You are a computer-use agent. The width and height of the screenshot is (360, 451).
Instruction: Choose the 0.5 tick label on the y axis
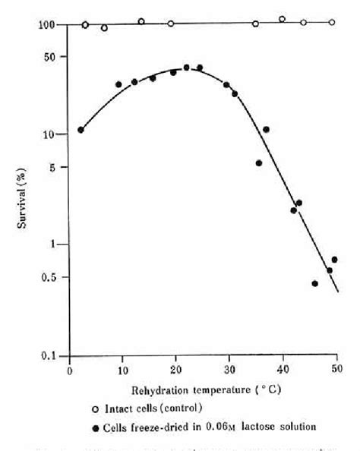coord(50,278)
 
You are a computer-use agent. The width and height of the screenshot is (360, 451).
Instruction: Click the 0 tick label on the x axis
coord(70,370)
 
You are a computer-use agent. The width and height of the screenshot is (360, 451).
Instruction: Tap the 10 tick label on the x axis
coord(122,370)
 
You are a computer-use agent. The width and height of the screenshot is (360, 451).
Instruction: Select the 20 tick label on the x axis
coord(176,370)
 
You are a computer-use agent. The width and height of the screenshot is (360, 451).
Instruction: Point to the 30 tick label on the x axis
coord(229,370)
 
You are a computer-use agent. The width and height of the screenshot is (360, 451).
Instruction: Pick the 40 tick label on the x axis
coord(283,370)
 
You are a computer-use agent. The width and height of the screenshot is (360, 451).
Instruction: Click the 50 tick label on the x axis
coord(336,370)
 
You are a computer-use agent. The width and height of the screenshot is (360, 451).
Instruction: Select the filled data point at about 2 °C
coord(81,130)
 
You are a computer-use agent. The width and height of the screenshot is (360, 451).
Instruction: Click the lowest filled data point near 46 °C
coord(314,283)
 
